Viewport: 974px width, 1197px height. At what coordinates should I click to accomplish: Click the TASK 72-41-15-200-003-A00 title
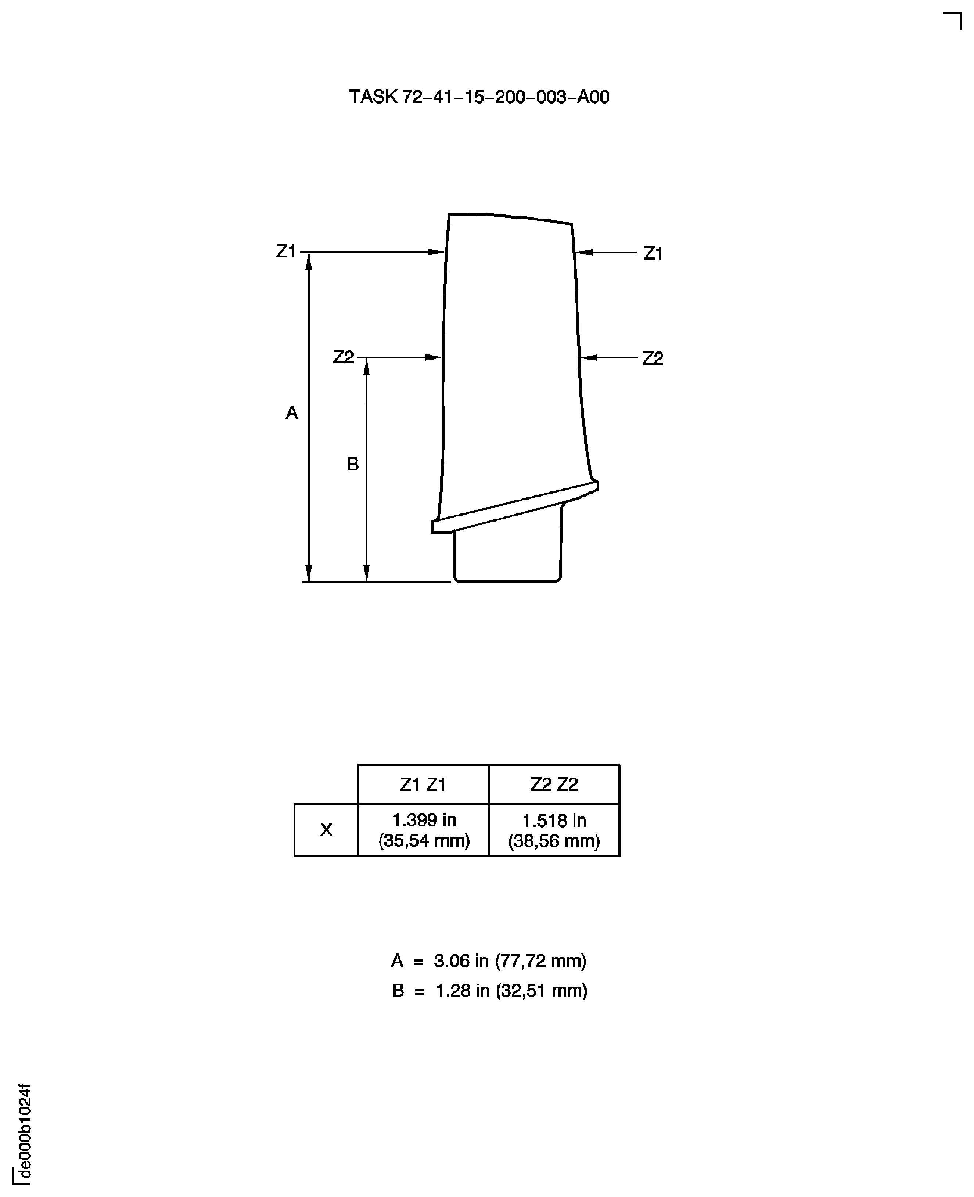tap(479, 97)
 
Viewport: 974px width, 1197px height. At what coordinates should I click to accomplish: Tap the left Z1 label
tap(285, 251)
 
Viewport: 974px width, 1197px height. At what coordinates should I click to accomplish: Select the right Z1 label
tap(653, 254)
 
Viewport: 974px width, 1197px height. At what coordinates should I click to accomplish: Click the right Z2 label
tap(653, 358)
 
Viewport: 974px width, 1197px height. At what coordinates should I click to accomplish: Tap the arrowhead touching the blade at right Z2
tap(588, 357)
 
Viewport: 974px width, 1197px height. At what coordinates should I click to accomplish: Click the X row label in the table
tap(326, 830)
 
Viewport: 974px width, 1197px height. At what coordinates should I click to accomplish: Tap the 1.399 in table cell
tap(424, 830)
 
